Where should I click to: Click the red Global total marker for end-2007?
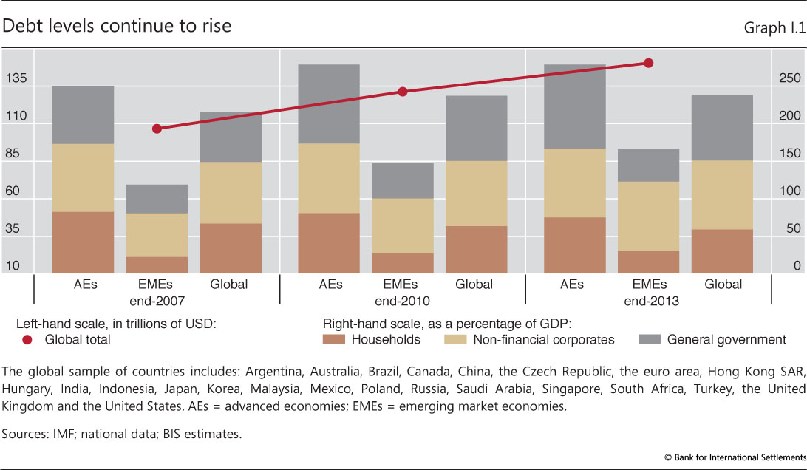pos(157,129)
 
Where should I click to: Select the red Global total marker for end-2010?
pos(403,92)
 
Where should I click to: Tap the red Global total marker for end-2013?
pos(649,63)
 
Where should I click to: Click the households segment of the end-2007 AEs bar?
pos(83,242)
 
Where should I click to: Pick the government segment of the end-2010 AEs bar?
pos(329,103)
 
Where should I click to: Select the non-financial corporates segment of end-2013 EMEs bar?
pos(648,216)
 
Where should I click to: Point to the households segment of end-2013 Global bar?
pos(722,251)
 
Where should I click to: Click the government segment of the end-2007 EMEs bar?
pos(157,199)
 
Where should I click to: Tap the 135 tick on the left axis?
pos(16,78)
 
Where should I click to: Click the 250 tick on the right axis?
pos(790,78)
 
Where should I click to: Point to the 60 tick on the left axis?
pos(16,191)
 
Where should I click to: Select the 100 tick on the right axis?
pos(790,191)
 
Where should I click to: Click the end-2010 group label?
pos(403,301)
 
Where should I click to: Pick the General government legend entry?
pos(726,340)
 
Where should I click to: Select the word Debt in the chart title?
pos(21,26)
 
